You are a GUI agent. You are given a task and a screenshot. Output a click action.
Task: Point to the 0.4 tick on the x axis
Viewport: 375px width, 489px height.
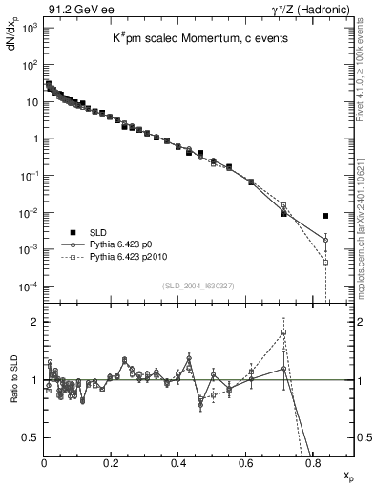click(178, 463)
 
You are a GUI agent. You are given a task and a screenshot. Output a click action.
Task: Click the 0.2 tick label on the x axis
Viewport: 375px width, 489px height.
click(111, 463)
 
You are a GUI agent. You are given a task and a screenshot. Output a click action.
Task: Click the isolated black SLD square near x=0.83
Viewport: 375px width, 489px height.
click(325, 216)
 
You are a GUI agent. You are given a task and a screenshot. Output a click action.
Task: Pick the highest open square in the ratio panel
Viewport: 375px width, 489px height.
click(284, 332)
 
